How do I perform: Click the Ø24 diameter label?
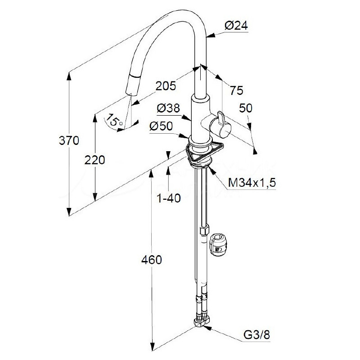click(x=236, y=26)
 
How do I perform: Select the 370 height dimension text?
click(x=69, y=140)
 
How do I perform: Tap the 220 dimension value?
click(x=94, y=160)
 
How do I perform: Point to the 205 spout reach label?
click(x=166, y=86)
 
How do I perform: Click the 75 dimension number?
click(x=237, y=90)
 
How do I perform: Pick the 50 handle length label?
click(x=246, y=108)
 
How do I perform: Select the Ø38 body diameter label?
click(x=168, y=108)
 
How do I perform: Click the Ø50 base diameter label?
click(x=161, y=126)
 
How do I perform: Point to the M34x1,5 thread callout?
click(x=252, y=183)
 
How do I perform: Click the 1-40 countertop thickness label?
click(x=168, y=198)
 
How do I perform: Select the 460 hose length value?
click(x=152, y=260)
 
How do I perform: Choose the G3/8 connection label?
click(x=256, y=335)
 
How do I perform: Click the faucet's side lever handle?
click(x=220, y=125)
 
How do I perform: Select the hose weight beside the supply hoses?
click(x=218, y=245)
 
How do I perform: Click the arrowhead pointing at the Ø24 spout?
click(x=211, y=36)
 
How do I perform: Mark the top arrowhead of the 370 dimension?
click(x=69, y=76)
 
